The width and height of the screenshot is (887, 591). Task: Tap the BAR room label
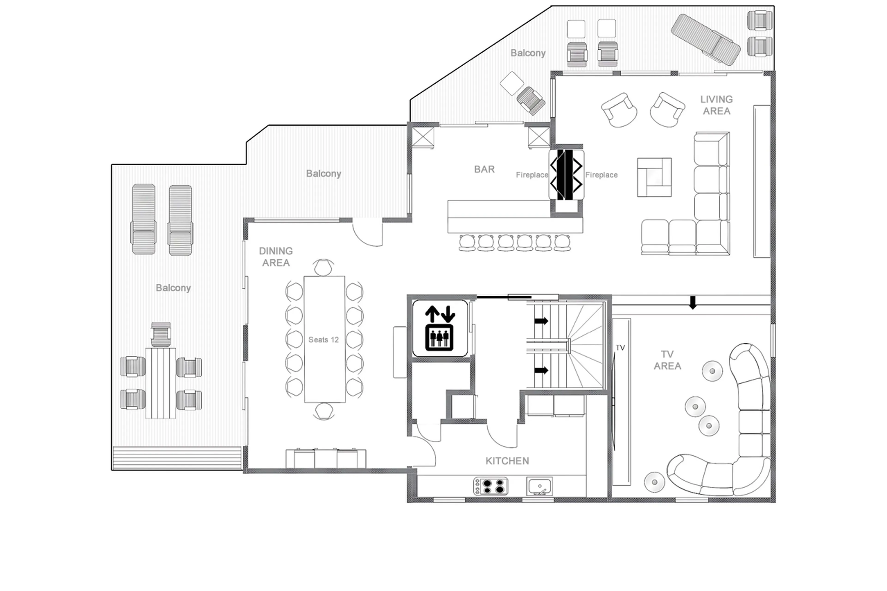click(484, 169)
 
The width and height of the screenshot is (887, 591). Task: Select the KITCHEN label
click(507, 461)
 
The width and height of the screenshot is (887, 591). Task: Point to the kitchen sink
click(539, 486)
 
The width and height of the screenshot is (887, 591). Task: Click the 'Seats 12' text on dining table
click(323, 339)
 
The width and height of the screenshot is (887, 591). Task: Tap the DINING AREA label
click(276, 257)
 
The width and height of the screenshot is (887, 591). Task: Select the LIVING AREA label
click(716, 105)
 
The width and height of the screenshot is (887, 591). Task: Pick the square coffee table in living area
click(654, 177)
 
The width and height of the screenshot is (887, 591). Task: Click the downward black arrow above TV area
click(693, 302)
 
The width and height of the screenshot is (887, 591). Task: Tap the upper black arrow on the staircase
click(541, 321)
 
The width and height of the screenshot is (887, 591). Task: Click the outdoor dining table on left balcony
click(161, 382)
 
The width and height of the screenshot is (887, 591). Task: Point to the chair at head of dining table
click(323, 268)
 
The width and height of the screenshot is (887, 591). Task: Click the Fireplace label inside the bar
click(532, 175)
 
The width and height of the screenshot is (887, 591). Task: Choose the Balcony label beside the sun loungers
click(173, 288)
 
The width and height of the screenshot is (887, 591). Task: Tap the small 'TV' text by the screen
click(620, 348)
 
